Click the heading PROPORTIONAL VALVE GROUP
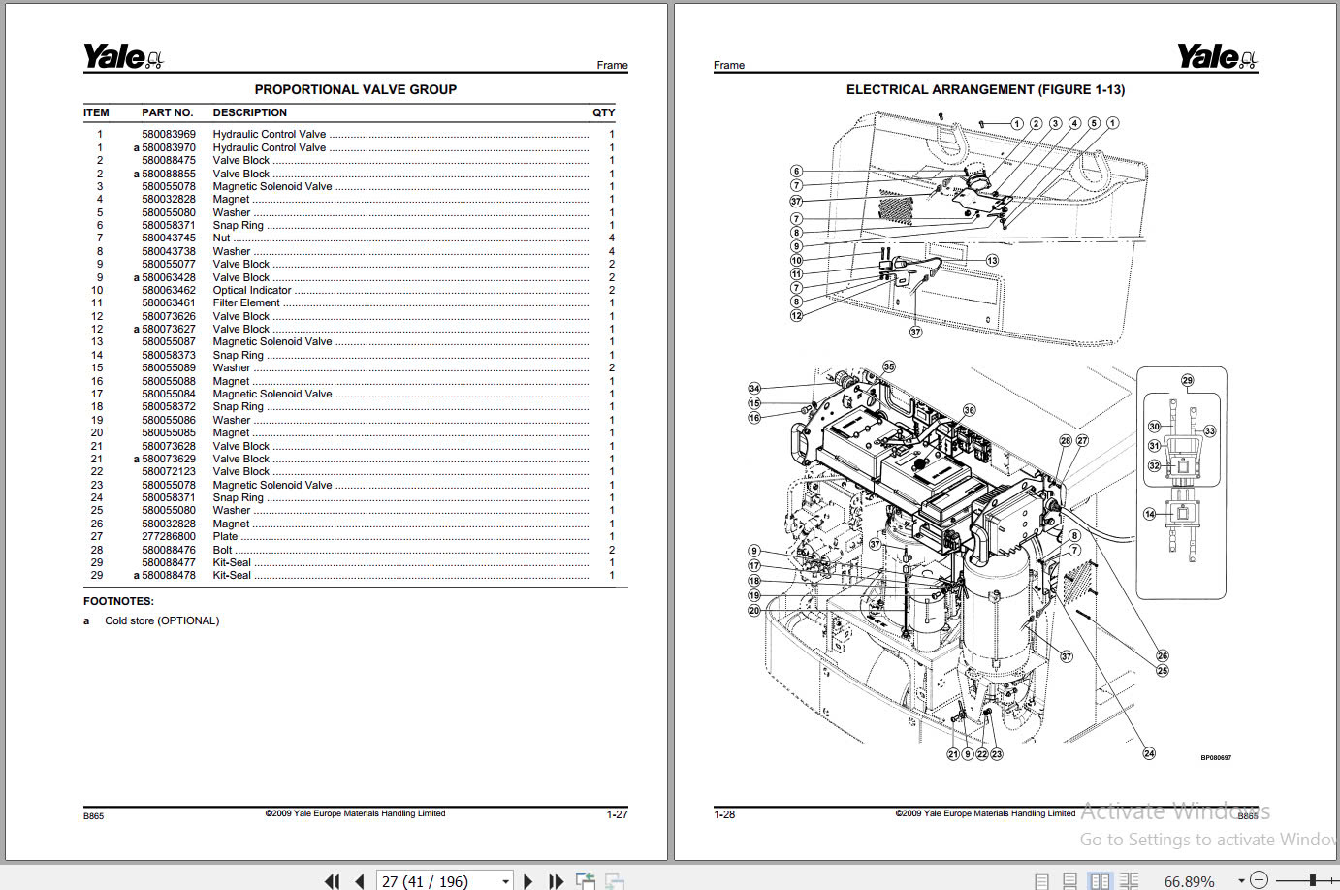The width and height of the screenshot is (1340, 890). coord(355,89)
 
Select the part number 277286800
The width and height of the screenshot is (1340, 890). coord(168,536)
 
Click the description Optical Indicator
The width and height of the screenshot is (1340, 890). coord(251,290)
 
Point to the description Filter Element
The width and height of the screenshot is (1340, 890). coord(246,302)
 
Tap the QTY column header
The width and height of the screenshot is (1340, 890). coord(603,112)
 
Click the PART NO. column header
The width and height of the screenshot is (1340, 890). coord(167,112)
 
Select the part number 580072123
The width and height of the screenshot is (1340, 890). coord(168,471)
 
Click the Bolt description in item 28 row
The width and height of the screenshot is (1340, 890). coord(222,550)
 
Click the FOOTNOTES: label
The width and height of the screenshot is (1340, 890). coord(118,601)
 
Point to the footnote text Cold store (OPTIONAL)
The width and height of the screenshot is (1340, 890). coord(162,620)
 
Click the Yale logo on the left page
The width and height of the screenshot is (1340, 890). coord(122,57)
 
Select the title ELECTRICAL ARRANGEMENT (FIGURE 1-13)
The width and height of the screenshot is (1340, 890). coord(985,89)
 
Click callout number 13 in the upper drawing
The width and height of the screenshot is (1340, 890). coord(992,260)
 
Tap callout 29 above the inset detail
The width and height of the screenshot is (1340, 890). coord(1187,380)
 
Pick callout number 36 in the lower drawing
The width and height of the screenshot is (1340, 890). coord(969,410)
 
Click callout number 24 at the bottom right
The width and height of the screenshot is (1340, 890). coord(1149,753)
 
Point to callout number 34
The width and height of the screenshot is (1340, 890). coord(754,388)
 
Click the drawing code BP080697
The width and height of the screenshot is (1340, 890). coord(1215,758)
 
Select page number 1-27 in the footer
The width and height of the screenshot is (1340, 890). coord(617,814)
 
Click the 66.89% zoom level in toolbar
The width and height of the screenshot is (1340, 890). coord(1189,881)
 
